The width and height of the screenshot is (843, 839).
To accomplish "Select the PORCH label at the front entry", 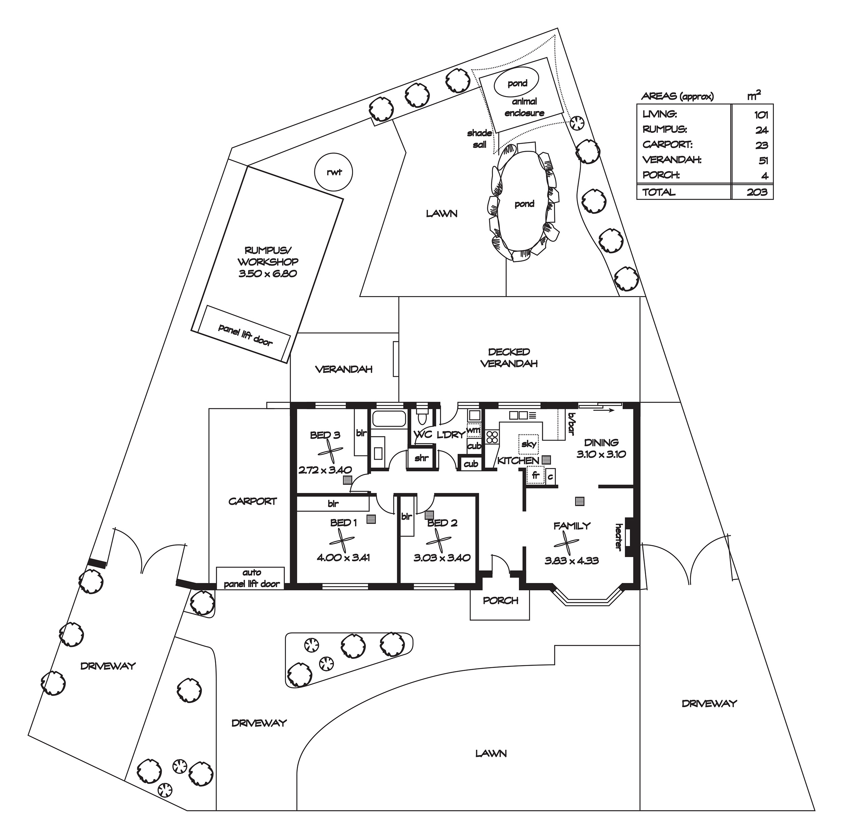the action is click(500, 601).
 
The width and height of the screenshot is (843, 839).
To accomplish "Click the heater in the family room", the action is click(630, 537).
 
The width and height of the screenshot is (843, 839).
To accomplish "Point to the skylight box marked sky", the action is click(529, 444).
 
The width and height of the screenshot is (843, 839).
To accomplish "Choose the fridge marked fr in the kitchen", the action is click(536, 475).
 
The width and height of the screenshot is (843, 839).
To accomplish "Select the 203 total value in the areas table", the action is click(757, 192).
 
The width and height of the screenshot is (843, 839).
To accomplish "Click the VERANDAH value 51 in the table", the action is click(763, 161).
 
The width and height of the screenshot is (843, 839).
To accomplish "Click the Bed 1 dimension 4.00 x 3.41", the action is click(343, 557).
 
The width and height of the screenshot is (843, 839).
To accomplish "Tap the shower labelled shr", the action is click(421, 458).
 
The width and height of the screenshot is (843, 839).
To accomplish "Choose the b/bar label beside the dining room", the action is click(572, 424).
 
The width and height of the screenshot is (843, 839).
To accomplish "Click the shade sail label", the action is click(479, 139).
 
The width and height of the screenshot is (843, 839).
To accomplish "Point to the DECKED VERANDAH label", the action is click(509, 357).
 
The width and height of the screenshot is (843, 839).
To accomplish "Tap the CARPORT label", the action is click(253, 501).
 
